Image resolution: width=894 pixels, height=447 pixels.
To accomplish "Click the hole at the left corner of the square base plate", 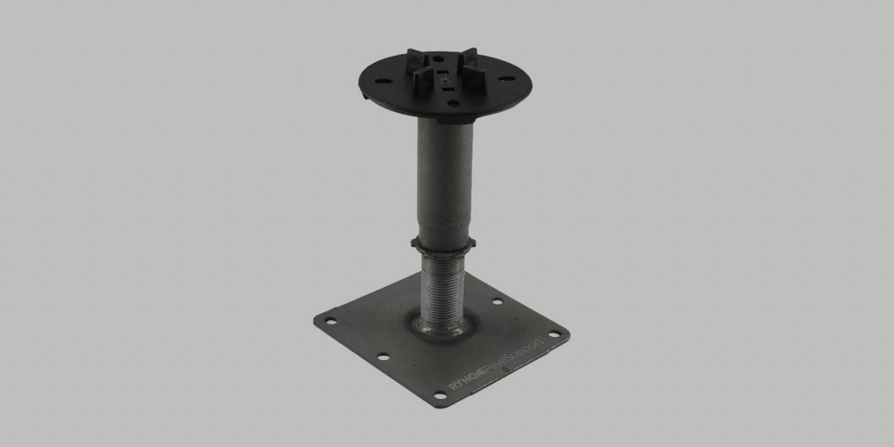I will point(331,321).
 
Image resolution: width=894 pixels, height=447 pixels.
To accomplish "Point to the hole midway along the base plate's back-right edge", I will point(497,302).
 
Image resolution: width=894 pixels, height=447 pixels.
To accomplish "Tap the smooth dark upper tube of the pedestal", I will point(441,180).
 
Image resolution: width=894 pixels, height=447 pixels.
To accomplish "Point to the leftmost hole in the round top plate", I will point(378,79).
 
